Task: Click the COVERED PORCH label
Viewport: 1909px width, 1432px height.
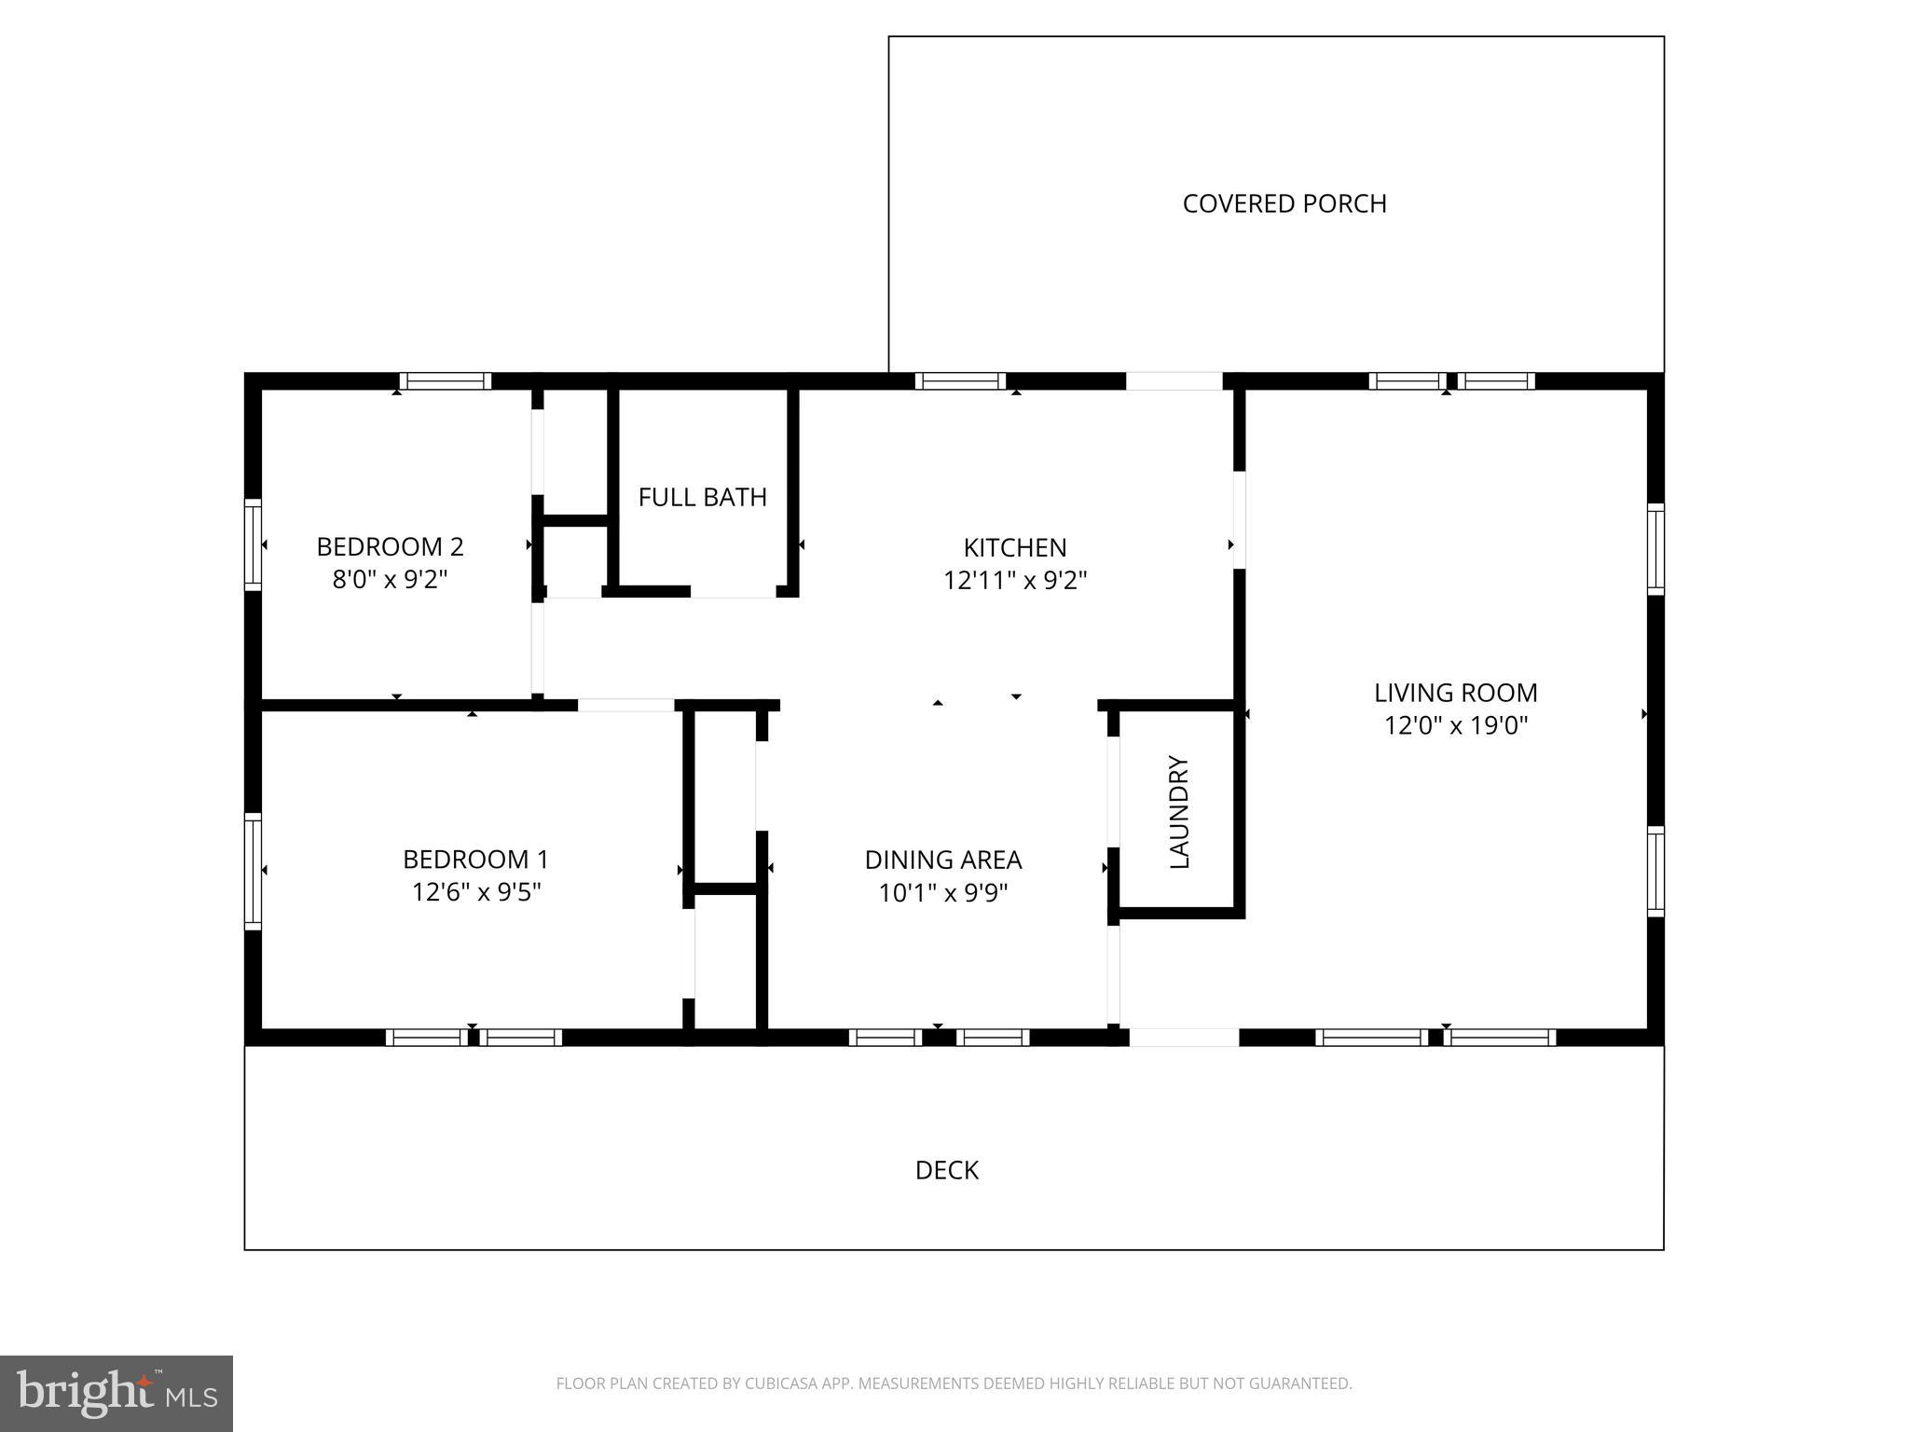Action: [x=1284, y=203]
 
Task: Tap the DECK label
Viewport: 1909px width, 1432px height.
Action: [x=946, y=1170]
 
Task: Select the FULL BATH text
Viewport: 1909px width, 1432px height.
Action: [x=702, y=497]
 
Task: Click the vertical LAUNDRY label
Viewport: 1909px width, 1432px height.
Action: [x=1179, y=812]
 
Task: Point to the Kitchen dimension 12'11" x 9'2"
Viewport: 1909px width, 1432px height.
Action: [x=1015, y=581]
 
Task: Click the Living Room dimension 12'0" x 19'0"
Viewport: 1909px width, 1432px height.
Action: [x=1455, y=725]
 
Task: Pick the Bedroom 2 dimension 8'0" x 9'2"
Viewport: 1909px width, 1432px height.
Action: [x=390, y=580]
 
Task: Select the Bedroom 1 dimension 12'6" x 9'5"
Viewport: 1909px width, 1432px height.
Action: [x=476, y=892]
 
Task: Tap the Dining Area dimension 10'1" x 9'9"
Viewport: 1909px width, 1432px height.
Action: [x=943, y=893]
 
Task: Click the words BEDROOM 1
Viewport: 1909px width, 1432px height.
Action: [x=475, y=859]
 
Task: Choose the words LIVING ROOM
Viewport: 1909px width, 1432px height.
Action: [x=1455, y=693]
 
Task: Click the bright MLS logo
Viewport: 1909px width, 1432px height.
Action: [x=117, y=1393]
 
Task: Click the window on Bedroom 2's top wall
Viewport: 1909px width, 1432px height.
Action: [x=446, y=381]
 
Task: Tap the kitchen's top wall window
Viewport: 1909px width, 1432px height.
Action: [x=960, y=381]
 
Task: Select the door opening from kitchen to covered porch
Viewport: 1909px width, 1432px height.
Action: [x=1174, y=381]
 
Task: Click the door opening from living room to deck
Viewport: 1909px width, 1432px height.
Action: [x=1184, y=1037]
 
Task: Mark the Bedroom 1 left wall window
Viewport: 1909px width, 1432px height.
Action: [x=253, y=871]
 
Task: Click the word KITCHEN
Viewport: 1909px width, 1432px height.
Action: [x=1014, y=547]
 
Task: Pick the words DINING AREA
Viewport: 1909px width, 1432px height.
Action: [x=943, y=860]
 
